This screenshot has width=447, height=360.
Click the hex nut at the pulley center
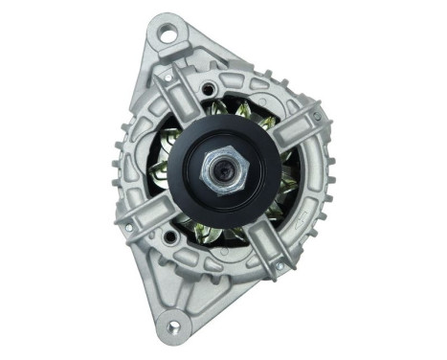click(x=225, y=171)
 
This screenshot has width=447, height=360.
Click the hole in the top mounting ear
click(x=169, y=34)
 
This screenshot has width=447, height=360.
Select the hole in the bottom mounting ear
click(x=172, y=326)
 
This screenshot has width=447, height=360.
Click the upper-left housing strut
click(x=178, y=96)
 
